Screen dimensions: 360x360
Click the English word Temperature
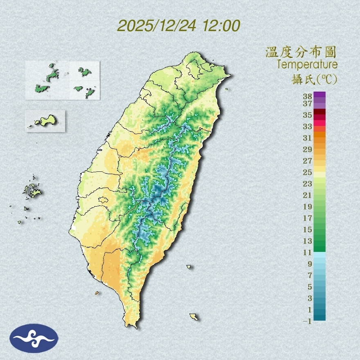click(307, 65)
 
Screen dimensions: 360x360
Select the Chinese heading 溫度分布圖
click(301, 52)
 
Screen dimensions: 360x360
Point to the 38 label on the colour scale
click(308, 97)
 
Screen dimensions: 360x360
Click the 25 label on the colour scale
click(308, 172)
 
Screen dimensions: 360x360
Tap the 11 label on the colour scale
click(308, 252)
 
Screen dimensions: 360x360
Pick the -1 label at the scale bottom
click(307, 322)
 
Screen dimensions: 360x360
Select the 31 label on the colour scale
click(308, 138)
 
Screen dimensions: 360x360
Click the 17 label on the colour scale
click(308, 218)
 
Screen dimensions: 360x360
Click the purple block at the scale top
click(320, 95)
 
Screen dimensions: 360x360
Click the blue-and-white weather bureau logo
click(34, 338)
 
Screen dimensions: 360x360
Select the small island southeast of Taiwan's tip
click(193, 317)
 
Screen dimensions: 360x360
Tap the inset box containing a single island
click(45, 121)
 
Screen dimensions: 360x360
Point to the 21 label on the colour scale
click(308, 195)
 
